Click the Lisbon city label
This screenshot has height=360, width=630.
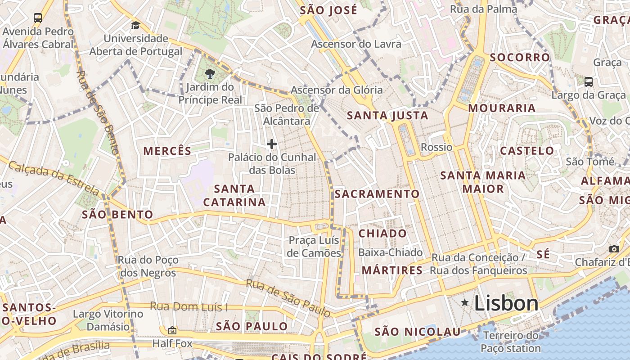tap(506, 303)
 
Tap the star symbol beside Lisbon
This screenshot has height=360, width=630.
tap(465, 303)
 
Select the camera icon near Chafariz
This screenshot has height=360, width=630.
tap(614, 249)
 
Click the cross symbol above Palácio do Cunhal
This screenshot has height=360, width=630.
tap(271, 144)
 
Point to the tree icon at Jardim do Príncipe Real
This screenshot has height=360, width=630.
tap(210, 74)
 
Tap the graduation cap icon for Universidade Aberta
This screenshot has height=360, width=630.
tap(135, 25)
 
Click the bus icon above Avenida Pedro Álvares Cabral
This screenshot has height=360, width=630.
tap(38, 18)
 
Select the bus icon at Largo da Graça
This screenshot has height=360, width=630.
tap(588, 82)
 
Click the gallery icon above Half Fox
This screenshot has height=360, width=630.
tap(172, 330)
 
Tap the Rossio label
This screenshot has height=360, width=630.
tap(436, 147)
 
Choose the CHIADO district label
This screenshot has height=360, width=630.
tap(382, 234)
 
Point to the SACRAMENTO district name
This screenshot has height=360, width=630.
tap(377, 194)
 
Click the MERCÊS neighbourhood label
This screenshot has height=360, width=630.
tap(167, 151)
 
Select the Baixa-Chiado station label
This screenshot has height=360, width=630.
tap(390, 252)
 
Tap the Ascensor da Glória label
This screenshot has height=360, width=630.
tap(337, 90)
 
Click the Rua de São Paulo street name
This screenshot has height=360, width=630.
tap(288, 297)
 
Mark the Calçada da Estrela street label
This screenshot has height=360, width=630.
tap(54, 177)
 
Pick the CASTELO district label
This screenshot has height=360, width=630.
tap(527, 151)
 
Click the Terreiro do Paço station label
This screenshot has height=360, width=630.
tap(511, 342)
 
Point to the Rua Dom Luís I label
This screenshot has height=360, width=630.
tap(189, 307)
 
